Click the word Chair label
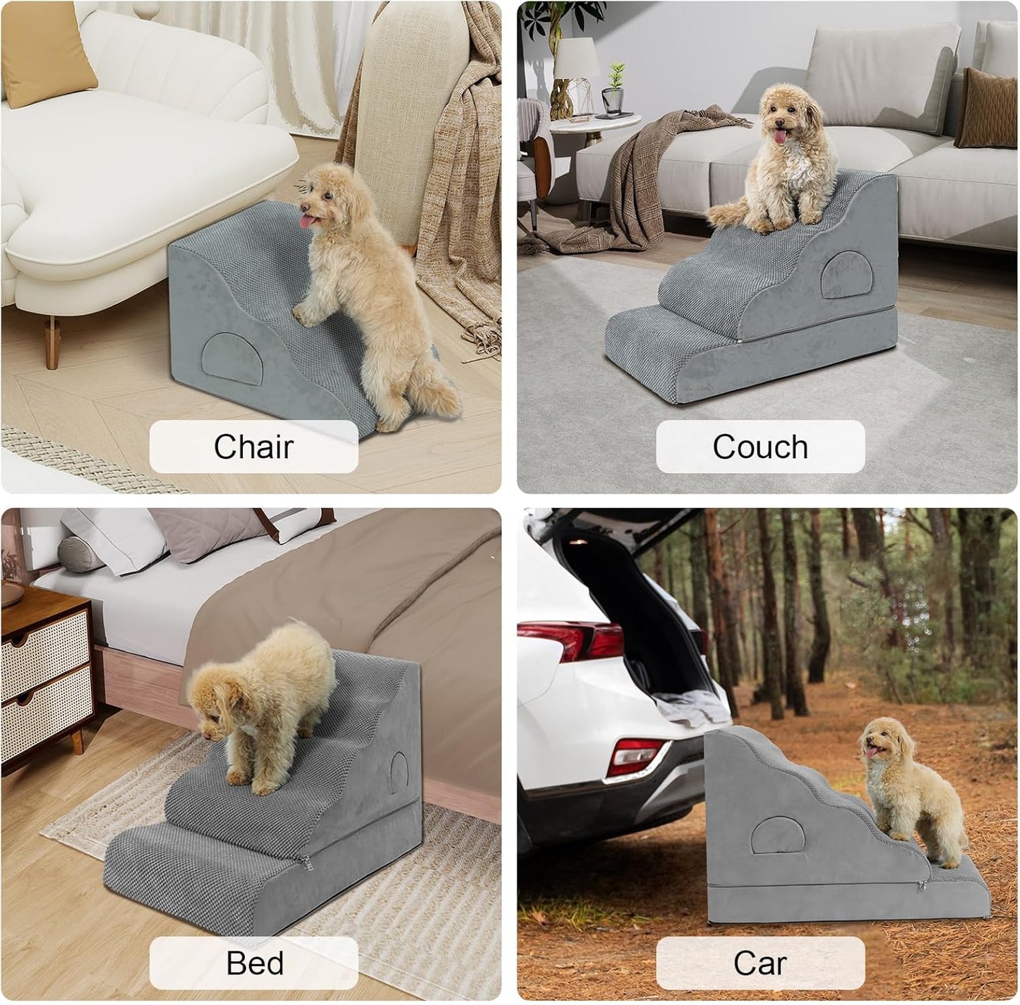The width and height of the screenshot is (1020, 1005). click(253, 447)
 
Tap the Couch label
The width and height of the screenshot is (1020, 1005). click(760, 447)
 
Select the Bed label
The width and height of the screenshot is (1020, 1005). click(254, 963)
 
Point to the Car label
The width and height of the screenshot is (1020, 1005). click(760, 963)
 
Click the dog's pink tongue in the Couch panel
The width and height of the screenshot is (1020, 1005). click(780, 136)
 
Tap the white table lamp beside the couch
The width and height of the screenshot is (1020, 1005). click(576, 60)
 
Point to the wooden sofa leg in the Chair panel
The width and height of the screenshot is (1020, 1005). click(52, 342)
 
